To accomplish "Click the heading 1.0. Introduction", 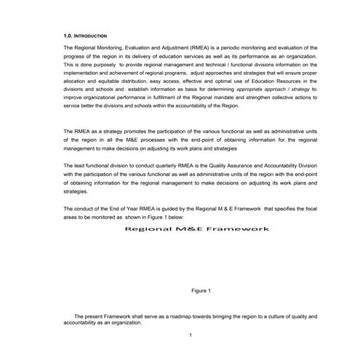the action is click(86, 35).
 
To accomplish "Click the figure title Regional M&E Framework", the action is click(197, 230).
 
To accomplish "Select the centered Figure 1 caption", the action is click(200, 291).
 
